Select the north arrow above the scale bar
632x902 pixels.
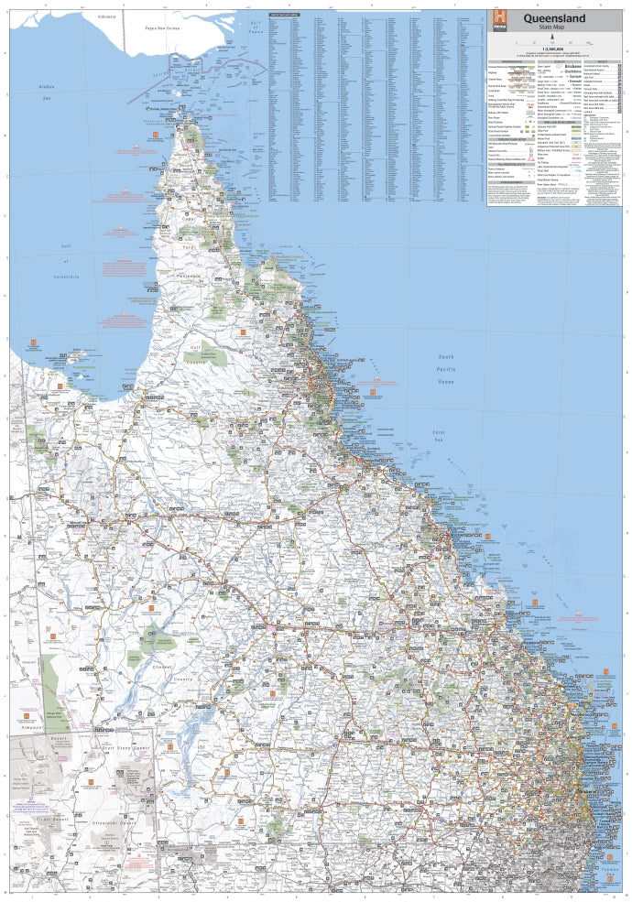[551, 37]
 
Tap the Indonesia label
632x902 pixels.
[112, 16]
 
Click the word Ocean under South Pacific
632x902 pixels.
[445, 380]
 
